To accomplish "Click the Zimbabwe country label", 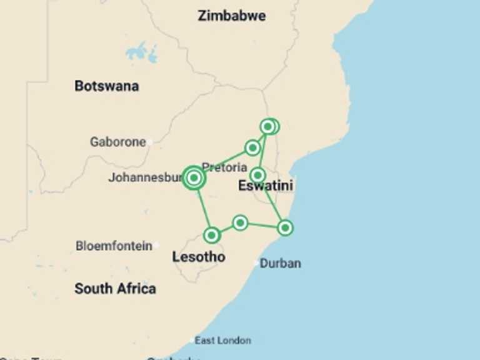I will coord(231,16).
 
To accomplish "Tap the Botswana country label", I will coord(106,86).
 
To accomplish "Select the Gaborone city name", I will coord(117,142).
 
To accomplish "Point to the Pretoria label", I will coord(224,167).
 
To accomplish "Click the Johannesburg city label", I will coord(146,177).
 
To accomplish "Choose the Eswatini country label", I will coord(266,186).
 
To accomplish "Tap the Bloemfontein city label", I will coord(114,246).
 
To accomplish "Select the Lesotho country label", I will coord(198,257).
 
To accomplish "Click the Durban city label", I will coord(280,263).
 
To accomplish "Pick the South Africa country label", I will coord(115,289).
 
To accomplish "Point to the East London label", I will coord(222,341).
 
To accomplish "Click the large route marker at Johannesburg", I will coord(194,178).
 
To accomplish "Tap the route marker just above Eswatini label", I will coord(257,175).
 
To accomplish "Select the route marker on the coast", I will coord(285,227).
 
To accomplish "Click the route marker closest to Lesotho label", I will coord(212,235).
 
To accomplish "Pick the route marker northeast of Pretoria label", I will coord(252,147).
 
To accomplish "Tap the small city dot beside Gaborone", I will coord(150,142).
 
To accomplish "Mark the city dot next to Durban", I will coord(256,264).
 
